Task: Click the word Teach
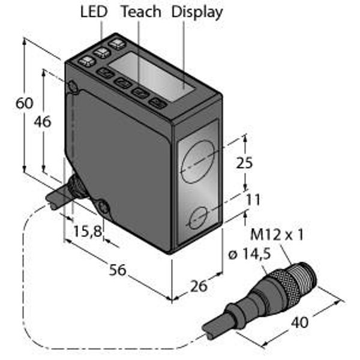point(140,11)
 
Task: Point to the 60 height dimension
point(25,103)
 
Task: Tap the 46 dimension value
point(43,121)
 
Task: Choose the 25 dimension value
point(244,163)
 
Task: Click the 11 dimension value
point(253,199)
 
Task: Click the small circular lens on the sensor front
point(199,218)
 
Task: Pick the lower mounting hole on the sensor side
point(104,208)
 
